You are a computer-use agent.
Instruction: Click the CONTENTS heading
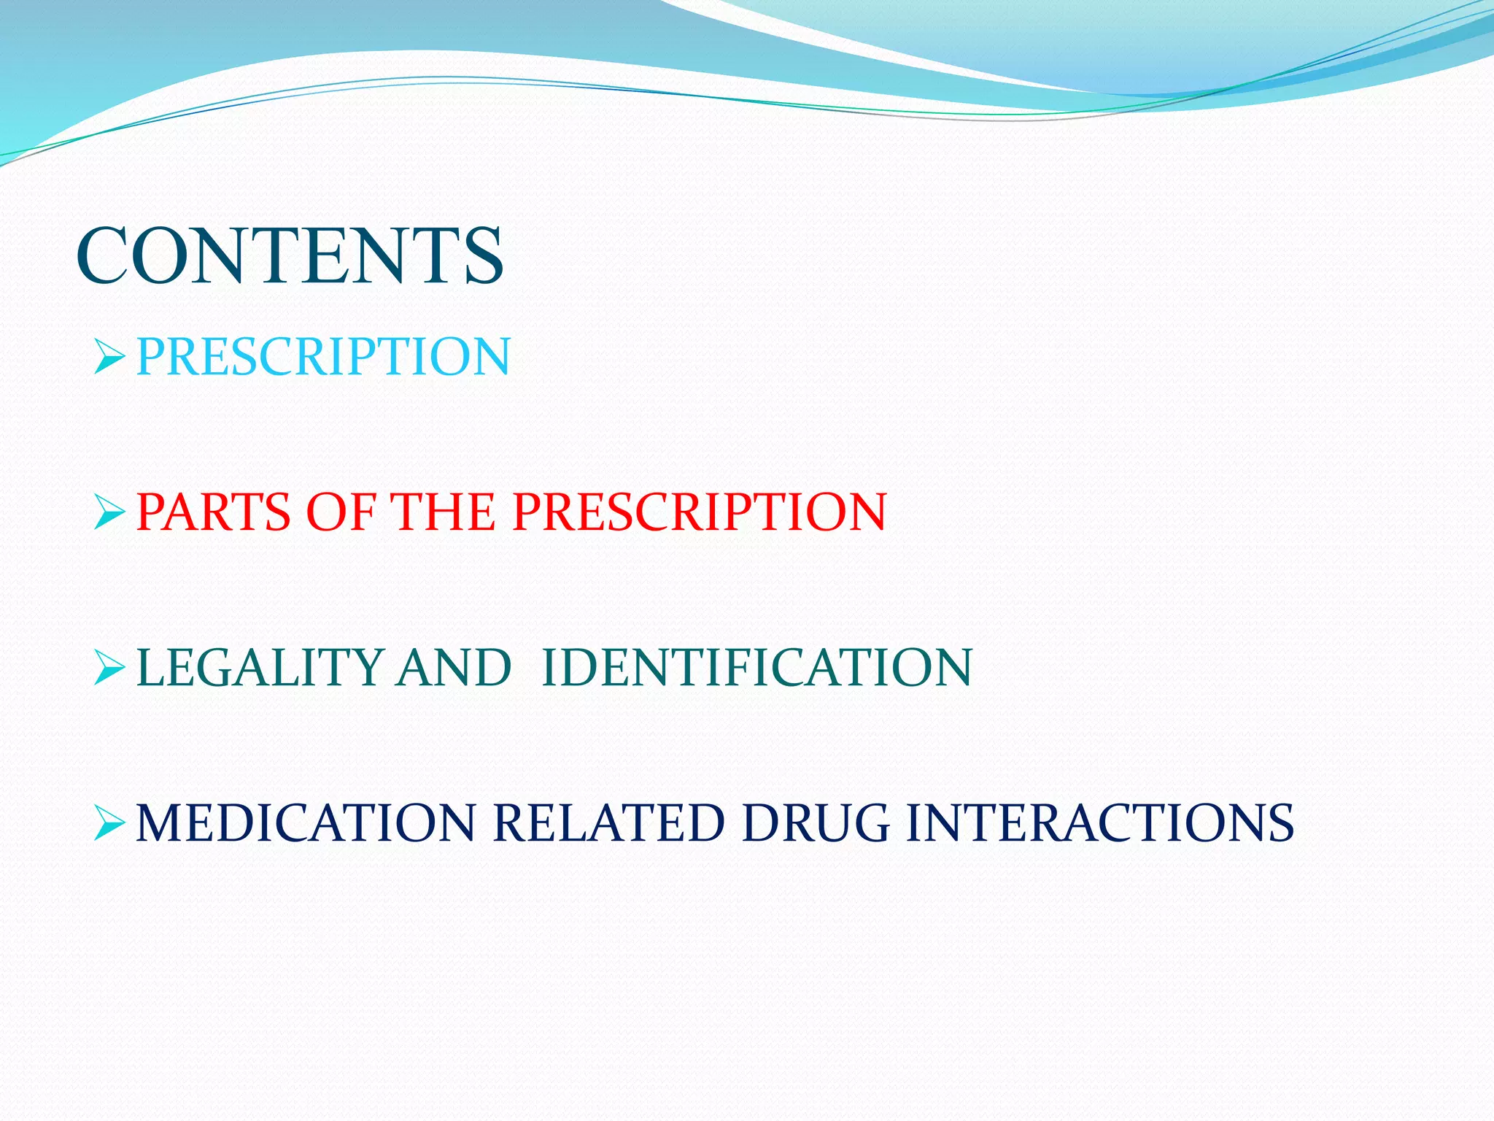290,255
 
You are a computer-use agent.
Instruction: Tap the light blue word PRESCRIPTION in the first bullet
323,357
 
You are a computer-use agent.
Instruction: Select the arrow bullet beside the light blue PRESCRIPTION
110,358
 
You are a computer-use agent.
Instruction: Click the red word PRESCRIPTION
699,512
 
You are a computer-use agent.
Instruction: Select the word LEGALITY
260,667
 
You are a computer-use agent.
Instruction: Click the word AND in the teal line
453,667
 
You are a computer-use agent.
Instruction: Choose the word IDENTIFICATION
757,667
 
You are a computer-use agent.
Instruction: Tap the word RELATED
608,823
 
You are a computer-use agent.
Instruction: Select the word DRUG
816,823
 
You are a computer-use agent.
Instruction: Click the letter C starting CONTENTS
102,255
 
